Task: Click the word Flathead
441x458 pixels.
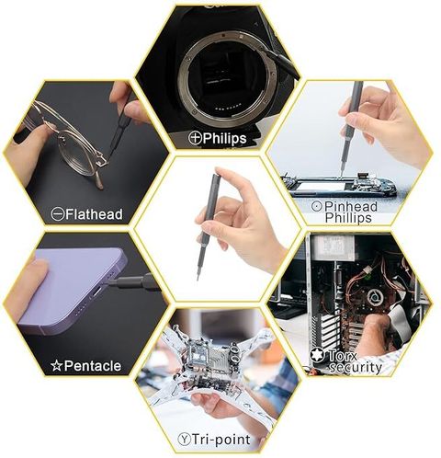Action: [94, 214]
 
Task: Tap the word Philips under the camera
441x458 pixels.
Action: [224, 139]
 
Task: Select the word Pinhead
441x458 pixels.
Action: [351, 206]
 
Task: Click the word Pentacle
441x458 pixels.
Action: [93, 366]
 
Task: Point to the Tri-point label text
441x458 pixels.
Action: [221, 440]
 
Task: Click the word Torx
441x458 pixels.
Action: [343, 356]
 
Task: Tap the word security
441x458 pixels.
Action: [356, 367]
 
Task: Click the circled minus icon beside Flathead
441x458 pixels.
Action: [58, 214]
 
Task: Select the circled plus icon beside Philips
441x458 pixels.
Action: [195, 138]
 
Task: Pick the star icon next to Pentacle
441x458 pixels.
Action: [57, 366]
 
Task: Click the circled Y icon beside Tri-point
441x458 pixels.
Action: [184, 440]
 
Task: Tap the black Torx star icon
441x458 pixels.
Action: [317, 355]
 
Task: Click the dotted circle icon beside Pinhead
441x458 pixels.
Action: [317, 206]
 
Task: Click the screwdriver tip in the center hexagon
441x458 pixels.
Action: [198, 278]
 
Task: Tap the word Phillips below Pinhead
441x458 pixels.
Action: [348, 218]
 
